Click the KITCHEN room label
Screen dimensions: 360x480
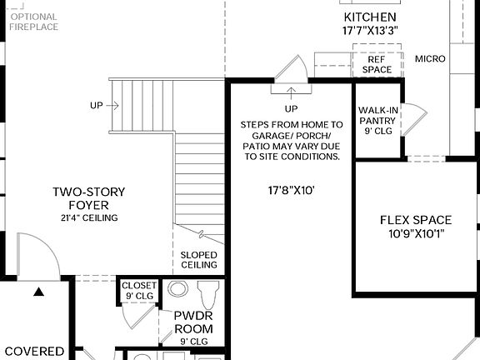pyautogui.click(x=369, y=17)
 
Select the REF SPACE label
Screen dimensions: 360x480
pyautogui.click(x=375, y=65)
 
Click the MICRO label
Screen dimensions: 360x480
pyautogui.click(x=430, y=59)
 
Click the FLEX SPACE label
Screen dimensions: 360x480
pyautogui.click(x=416, y=220)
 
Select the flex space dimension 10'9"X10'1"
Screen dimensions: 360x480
pyautogui.click(x=416, y=234)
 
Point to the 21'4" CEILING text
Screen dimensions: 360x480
pyautogui.click(x=88, y=218)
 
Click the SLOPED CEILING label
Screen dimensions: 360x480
pyautogui.click(x=199, y=260)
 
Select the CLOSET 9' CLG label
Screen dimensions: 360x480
pyautogui.click(x=139, y=290)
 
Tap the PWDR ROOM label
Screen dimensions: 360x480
pyautogui.click(x=193, y=322)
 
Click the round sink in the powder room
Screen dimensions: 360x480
pyautogui.click(x=178, y=289)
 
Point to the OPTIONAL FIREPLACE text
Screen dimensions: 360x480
pyautogui.click(x=33, y=22)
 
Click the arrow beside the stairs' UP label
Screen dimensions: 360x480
pyautogui.click(x=113, y=106)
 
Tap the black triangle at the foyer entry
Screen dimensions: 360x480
pyautogui.click(x=38, y=292)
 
